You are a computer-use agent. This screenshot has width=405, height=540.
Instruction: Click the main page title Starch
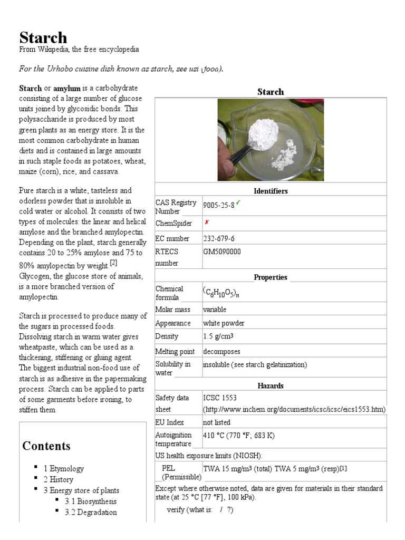click(43, 38)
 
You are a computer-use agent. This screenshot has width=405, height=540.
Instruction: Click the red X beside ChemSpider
click(207, 223)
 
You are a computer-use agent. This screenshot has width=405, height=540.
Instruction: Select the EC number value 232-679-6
click(219, 238)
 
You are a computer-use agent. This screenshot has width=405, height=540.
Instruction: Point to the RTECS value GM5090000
click(222, 252)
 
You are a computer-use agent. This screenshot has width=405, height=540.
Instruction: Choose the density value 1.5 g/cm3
click(218, 336)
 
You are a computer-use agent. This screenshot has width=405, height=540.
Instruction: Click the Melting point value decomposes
click(221, 351)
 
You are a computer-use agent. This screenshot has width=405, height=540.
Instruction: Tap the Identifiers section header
click(271, 191)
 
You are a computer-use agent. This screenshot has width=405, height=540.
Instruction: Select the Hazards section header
click(271, 385)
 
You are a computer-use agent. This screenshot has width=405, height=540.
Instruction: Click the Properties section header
click(271, 277)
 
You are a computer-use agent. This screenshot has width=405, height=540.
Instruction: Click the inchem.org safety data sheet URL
click(294, 409)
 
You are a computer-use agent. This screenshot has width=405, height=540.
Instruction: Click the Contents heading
click(46, 446)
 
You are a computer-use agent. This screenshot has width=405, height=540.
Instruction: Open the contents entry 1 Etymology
click(64, 468)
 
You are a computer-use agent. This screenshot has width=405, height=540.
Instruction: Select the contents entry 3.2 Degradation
click(91, 512)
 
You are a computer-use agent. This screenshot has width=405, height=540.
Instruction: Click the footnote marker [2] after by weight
click(113, 263)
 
